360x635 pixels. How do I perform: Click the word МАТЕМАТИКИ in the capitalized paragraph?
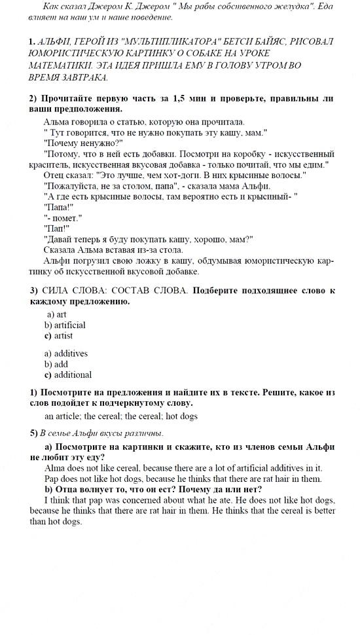pos(58,65)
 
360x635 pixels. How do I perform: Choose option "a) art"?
pos(56,314)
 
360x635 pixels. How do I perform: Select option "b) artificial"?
pos(65,325)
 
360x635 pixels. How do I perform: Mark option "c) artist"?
pos(59,335)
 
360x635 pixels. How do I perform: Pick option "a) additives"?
pos(66,354)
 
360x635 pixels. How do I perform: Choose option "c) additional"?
pos(68,374)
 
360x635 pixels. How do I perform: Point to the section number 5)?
pos(33,433)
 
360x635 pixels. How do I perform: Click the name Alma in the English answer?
pos(54,467)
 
